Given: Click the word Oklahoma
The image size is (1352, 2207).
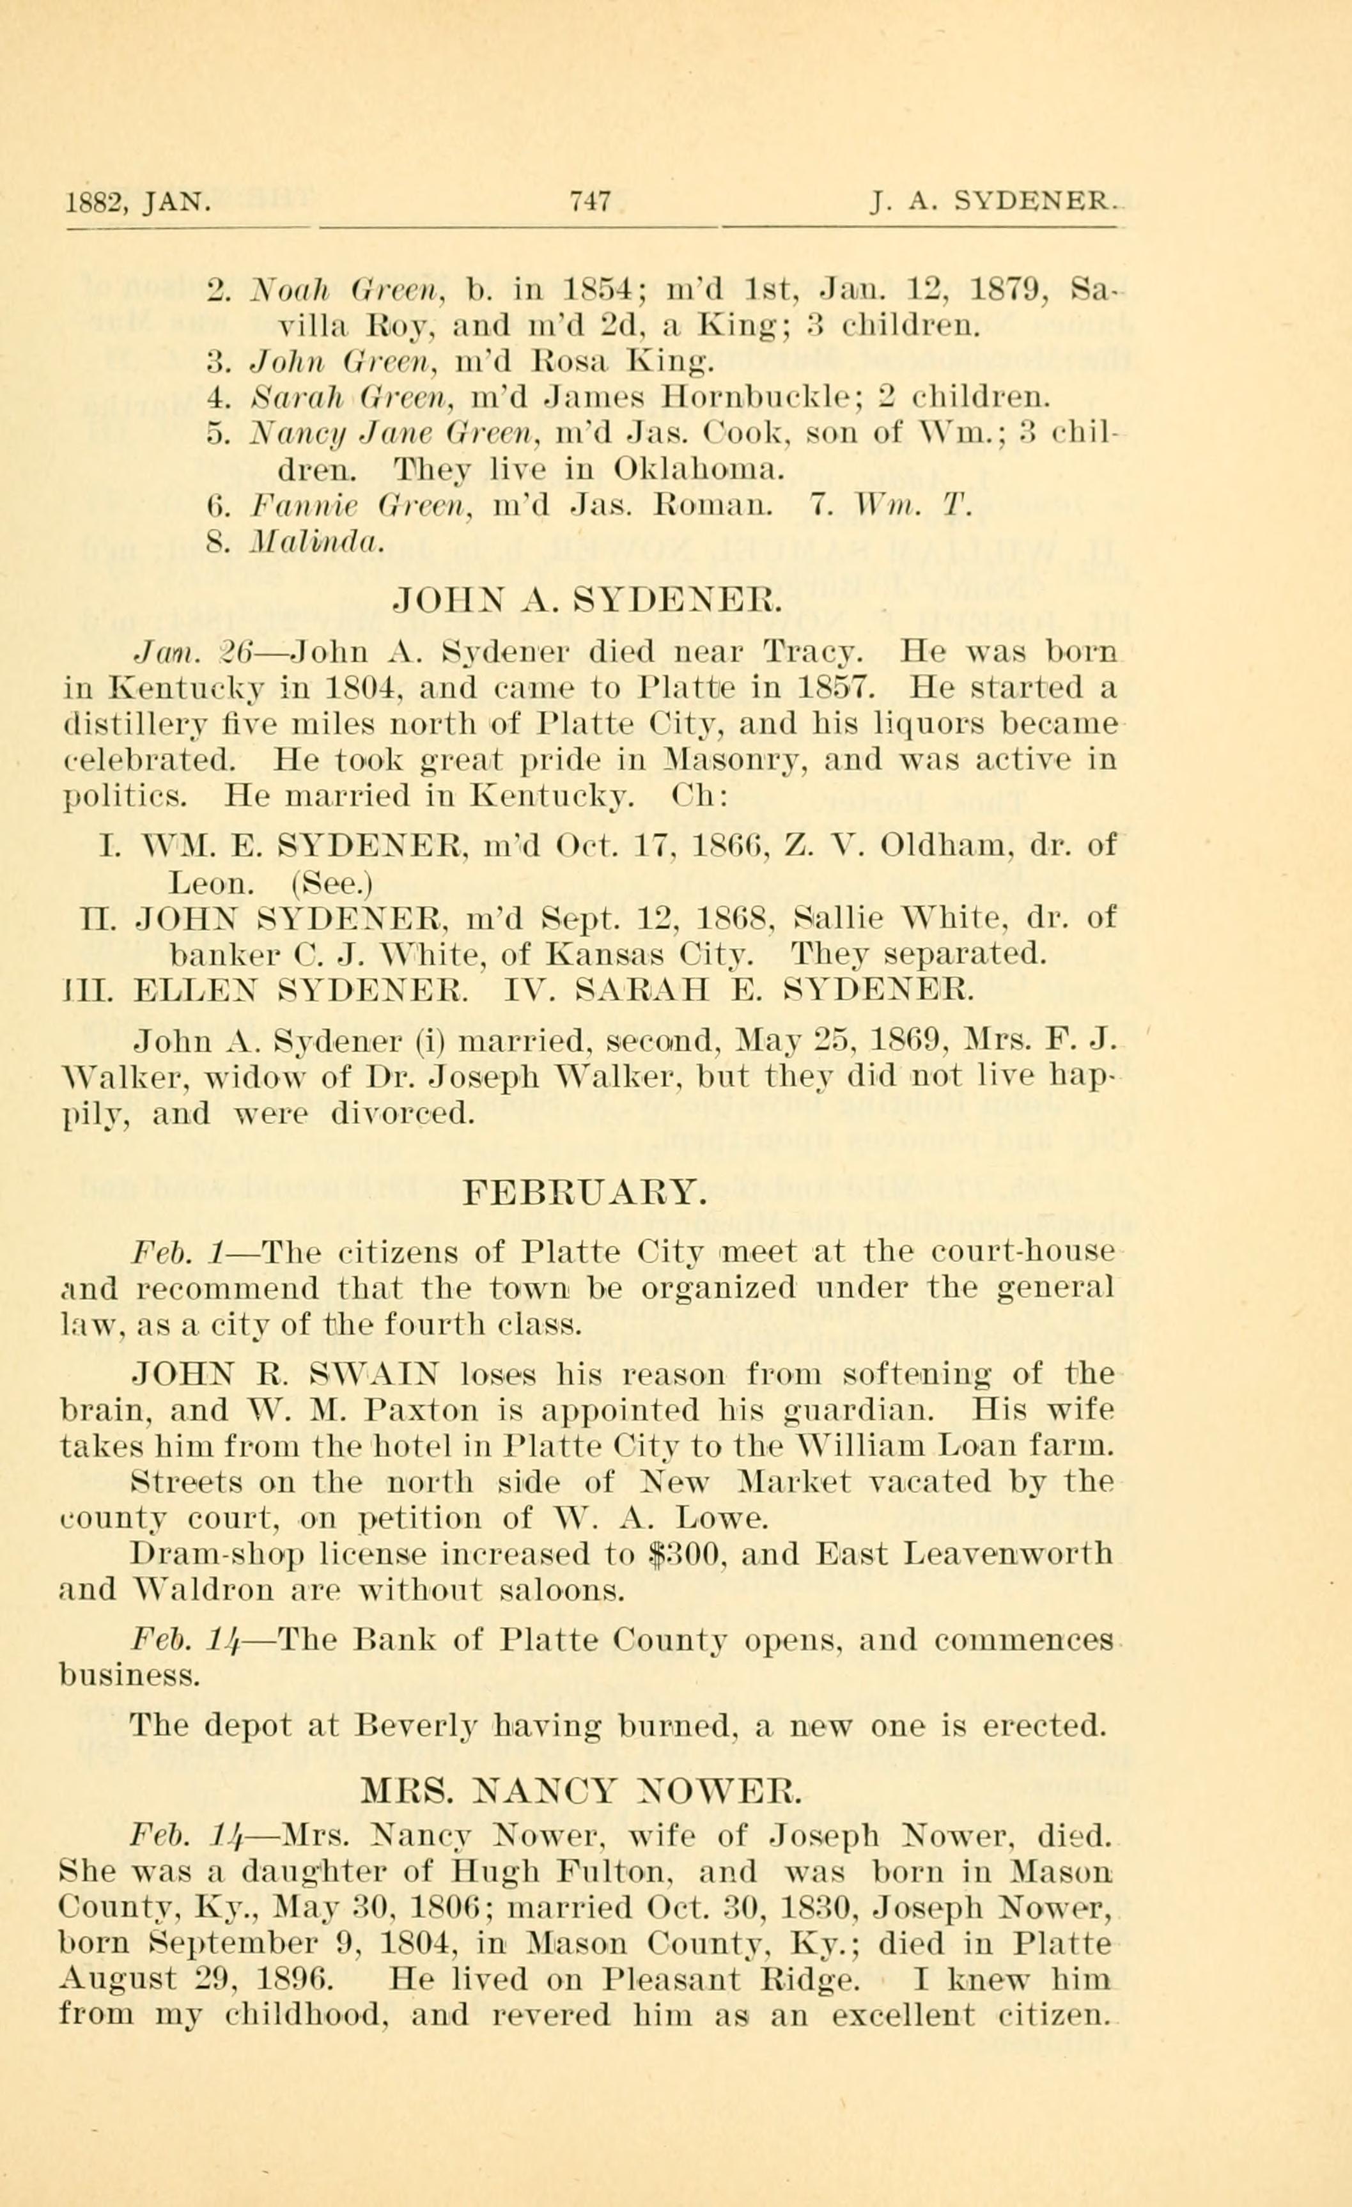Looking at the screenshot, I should [x=700, y=469].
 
